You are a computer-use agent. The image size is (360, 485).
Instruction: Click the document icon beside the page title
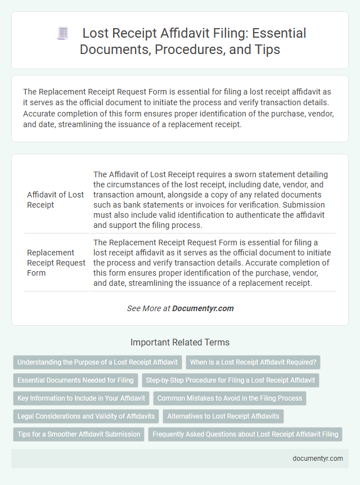pyautogui.click(x=62, y=34)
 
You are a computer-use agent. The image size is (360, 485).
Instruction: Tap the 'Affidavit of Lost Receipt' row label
pyautogui.click(x=55, y=200)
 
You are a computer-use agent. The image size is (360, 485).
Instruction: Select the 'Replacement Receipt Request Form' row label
pyautogui.click(x=55, y=263)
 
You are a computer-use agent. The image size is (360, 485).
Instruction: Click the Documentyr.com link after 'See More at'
pyautogui.click(x=202, y=308)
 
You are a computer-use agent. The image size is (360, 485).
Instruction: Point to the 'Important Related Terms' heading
pyautogui.click(x=179, y=342)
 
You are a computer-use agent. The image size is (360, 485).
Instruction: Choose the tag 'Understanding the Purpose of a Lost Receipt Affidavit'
pyautogui.click(x=98, y=362)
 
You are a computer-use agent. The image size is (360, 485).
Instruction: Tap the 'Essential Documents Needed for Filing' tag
pyautogui.click(x=75, y=380)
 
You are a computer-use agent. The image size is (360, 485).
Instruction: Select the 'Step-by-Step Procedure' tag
pyautogui.click(x=230, y=380)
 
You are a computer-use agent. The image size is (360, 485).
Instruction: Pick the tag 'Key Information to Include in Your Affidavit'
pyautogui.click(x=81, y=398)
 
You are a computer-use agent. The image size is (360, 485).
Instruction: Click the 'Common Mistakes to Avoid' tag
pyautogui.click(x=229, y=398)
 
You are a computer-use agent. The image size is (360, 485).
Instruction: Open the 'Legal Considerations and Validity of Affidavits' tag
pyautogui.click(x=86, y=416)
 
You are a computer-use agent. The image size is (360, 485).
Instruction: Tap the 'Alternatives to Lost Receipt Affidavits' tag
pyautogui.click(x=223, y=416)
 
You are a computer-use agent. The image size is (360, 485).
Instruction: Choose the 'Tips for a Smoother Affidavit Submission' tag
pyautogui.click(x=79, y=434)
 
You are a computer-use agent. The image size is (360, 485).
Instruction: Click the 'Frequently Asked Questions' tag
pyautogui.click(x=245, y=434)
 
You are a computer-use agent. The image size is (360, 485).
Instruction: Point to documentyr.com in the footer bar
pyautogui.click(x=318, y=459)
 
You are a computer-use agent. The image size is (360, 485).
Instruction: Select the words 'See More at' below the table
pyautogui.click(x=148, y=308)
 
